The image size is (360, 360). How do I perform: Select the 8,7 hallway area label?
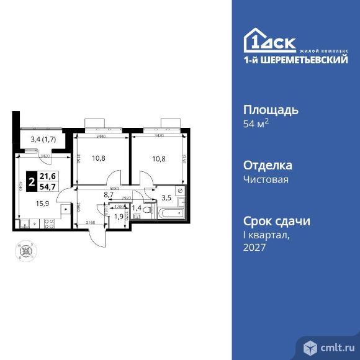[x=109, y=194]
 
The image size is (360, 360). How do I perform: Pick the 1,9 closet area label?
[x=118, y=217]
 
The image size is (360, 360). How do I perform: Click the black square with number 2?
[x=30, y=182]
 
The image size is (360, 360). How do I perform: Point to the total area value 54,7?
[x=48, y=187]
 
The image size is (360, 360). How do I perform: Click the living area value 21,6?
[x=48, y=178]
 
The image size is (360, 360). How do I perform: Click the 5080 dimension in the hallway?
[x=114, y=188]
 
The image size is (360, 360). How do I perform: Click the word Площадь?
[x=270, y=110]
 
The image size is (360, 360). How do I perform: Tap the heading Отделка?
[x=267, y=166]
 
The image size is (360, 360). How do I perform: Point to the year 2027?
[x=254, y=248]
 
